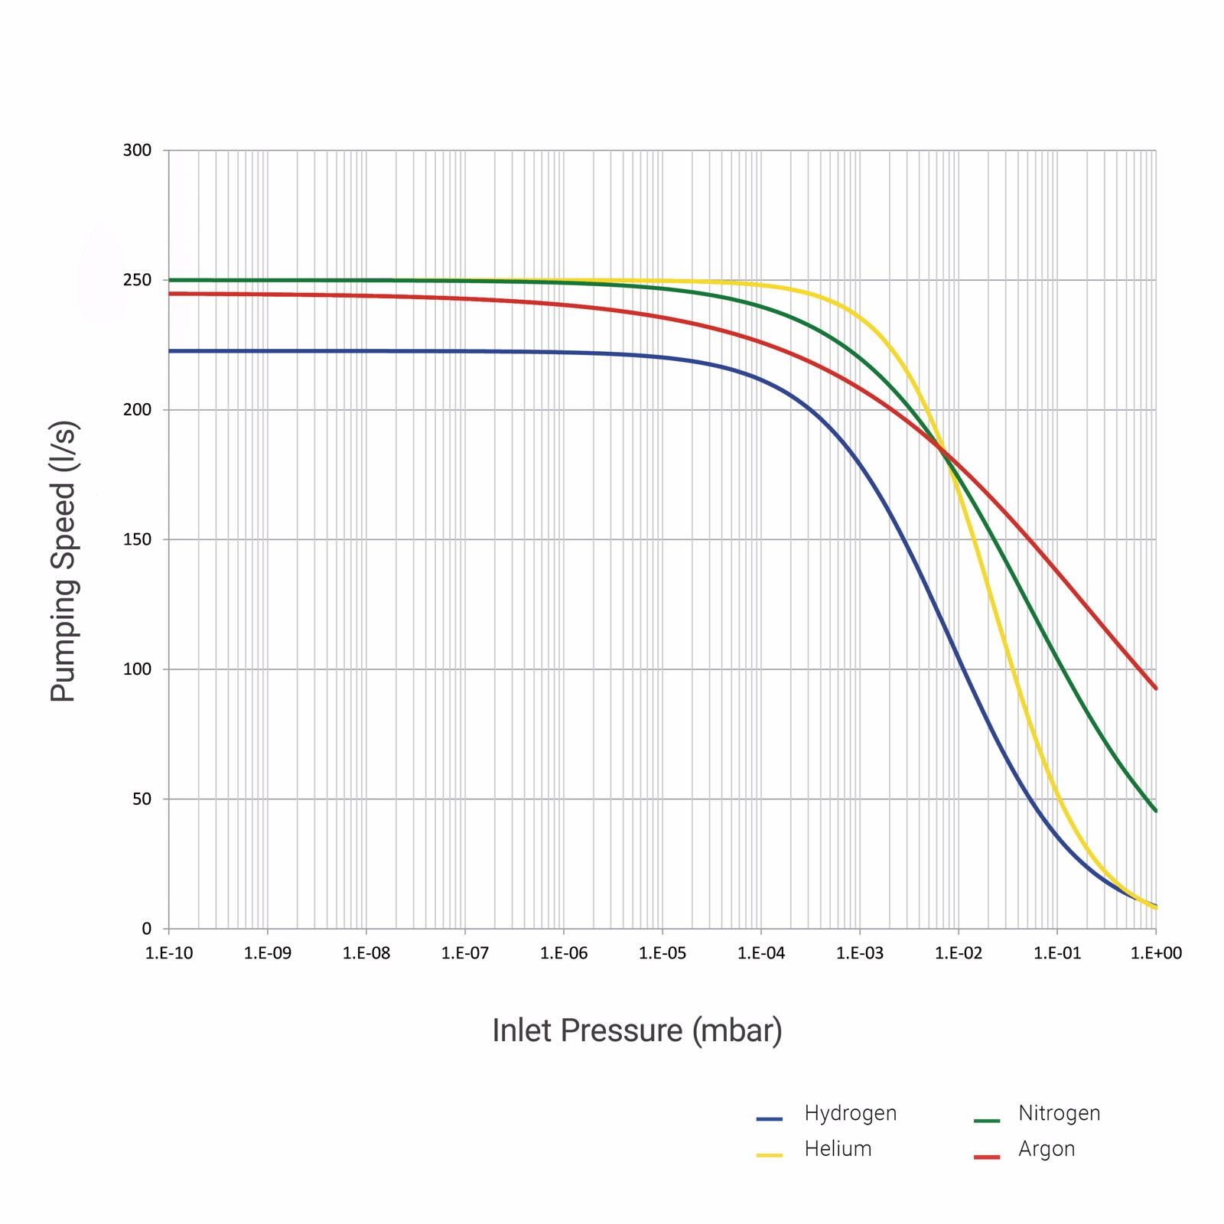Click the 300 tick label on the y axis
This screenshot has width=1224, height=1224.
[x=137, y=150]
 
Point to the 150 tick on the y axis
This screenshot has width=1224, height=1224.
[x=137, y=539]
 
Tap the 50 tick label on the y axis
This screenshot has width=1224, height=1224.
[x=142, y=799]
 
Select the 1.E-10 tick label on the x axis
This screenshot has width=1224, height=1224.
[x=169, y=953]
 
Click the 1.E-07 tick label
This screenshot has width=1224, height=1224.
[x=465, y=953]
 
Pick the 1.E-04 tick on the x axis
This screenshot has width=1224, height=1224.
[x=761, y=953]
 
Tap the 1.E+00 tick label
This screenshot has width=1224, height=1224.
[x=1156, y=953]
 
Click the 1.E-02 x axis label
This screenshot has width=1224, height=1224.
[x=959, y=953]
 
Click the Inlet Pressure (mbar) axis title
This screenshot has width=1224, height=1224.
[x=637, y=1030]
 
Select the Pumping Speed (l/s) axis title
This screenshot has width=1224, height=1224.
[x=63, y=561]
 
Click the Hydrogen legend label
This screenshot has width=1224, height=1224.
[x=850, y=1113]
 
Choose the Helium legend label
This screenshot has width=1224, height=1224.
[x=838, y=1149]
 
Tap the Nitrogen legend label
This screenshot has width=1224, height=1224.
[x=1059, y=1113]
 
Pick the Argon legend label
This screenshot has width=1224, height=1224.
[x=1047, y=1149]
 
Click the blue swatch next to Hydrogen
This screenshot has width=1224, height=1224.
[x=770, y=1119]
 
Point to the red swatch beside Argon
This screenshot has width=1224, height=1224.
[x=987, y=1157]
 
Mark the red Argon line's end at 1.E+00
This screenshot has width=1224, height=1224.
[x=1155, y=688]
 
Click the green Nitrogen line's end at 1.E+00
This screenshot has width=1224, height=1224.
[x=1155, y=810]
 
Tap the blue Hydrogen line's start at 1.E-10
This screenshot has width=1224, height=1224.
[x=170, y=351]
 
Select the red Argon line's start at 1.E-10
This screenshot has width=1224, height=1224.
[x=170, y=294]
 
